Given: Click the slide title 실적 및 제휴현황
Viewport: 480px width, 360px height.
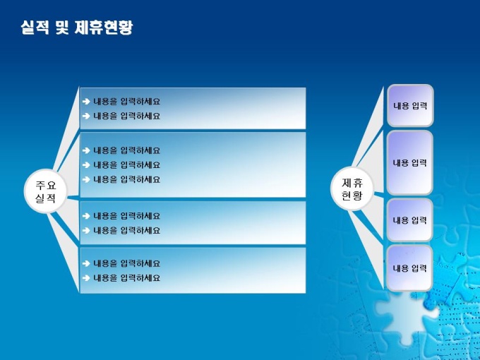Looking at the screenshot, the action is [77, 28].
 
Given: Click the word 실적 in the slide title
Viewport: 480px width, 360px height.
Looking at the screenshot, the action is [35, 28].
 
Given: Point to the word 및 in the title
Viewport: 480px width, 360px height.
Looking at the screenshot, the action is [62, 28].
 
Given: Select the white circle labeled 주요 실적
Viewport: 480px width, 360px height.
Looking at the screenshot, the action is [46, 191].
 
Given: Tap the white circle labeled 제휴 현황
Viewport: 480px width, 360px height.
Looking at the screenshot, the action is [352, 189].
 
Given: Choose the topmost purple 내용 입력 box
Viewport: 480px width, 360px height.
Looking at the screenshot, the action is [410, 106].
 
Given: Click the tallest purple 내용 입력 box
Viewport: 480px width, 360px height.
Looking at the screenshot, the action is [410, 162].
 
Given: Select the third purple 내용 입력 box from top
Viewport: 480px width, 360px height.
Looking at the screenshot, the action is [410, 220].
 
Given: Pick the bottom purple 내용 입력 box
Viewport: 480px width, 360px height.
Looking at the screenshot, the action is [410, 268].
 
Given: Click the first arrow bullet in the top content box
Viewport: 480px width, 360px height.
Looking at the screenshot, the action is [86, 102].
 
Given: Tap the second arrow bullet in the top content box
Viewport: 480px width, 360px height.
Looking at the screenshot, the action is [86, 116].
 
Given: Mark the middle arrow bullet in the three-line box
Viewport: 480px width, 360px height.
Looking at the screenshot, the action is [86, 165].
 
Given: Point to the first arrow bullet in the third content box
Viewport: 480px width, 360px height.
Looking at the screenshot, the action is [86, 216].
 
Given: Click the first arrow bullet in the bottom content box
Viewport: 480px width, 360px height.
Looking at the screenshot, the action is [86, 263].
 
